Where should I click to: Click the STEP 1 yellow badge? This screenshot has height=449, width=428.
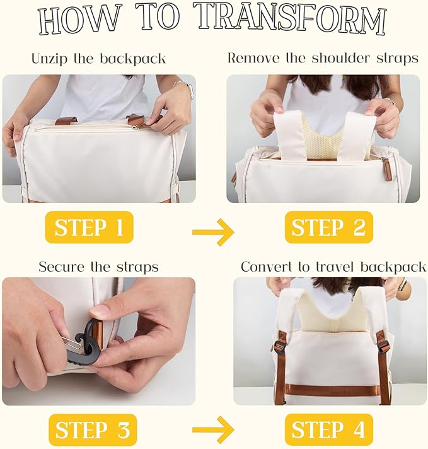click(x=89, y=228)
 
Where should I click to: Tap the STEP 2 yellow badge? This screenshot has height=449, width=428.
click(x=329, y=228)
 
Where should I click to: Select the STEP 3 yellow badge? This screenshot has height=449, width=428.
click(x=93, y=430)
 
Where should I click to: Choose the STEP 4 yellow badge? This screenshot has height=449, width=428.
click(x=329, y=430)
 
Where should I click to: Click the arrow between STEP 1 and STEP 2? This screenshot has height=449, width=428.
click(x=213, y=231)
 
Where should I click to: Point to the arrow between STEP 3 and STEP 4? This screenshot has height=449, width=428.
click(x=213, y=430)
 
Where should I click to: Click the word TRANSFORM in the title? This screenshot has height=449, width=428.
click(x=292, y=20)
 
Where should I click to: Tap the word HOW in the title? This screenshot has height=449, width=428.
click(x=78, y=21)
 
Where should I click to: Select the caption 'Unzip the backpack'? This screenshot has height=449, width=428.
click(x=98, y=59)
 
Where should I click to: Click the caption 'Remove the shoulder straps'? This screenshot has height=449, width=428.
click(x=323, y=58)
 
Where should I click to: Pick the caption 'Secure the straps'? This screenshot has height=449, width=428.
click(x=98, y=267)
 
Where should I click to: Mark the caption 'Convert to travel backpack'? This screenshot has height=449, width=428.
click(x=333, y=267)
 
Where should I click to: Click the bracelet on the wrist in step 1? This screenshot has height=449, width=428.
click(x=185, y=89)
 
